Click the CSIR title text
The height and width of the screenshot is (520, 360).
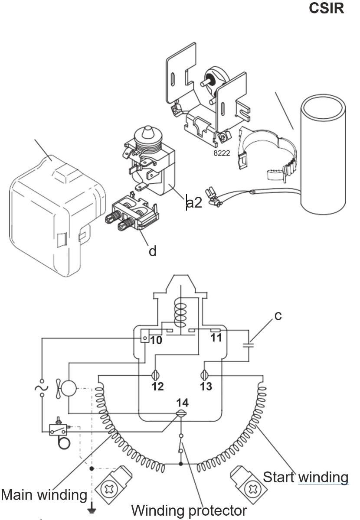pyautogui.click(x=327, y=9)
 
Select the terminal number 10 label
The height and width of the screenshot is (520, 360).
pyautogui.click(x=156, y=340)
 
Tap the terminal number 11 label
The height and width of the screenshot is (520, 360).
pyautogui.click(x=216, y=338)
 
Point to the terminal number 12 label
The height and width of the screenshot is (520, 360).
pyautogui.click(x=158, y=386)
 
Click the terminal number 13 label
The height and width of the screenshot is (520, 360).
pyautogui.click(x=206, y=386)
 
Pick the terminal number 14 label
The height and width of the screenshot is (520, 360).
pyautogui.click(x=182, y=403)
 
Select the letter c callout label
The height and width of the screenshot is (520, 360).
pyautogui.click(x=278, y=315)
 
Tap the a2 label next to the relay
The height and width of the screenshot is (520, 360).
pyautogui.click(x=194, y=202)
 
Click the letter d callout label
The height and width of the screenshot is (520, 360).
pyautogui.click(x=153, y=251)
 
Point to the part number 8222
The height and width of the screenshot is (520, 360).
pyautogui.click(x=222, y=153)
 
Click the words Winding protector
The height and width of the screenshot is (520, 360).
pyautogui.click(x=189, y=510)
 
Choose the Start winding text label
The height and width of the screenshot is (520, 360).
pyautogui.click(x=305, y=477)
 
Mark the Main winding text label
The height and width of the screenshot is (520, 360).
pyautogui.click(x=44, y=494)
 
